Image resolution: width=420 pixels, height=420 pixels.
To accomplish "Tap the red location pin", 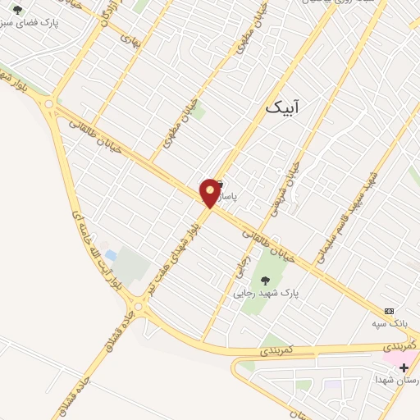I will point(211,192).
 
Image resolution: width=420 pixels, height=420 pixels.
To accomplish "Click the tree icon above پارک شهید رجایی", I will point(264,280).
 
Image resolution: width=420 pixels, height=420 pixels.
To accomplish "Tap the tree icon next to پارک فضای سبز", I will point(18,11).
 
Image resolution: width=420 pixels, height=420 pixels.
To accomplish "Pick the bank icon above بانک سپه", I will point(390,312).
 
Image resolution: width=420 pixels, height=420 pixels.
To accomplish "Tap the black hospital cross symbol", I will point(404,367).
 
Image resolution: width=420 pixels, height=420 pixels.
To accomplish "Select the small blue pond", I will point(111,257).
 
